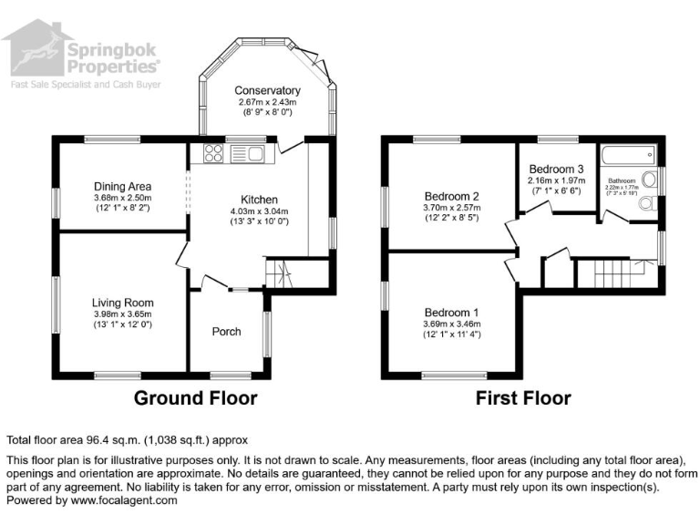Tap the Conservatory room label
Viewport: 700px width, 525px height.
(267, 90)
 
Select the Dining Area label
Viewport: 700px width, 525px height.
(122, 187)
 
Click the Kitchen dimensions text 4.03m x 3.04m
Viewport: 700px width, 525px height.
(259, 211)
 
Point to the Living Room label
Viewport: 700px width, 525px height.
(122, 303)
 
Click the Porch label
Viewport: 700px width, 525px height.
(226, 331)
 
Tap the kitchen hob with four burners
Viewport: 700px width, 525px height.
(215, 153)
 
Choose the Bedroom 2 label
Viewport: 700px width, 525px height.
(451, 196)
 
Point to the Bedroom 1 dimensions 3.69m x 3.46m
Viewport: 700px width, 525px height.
(451, 324)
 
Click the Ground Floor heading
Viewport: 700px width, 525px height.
(195, 398)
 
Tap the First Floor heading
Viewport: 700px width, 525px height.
(523, 398)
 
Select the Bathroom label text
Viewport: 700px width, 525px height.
(625, 180)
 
